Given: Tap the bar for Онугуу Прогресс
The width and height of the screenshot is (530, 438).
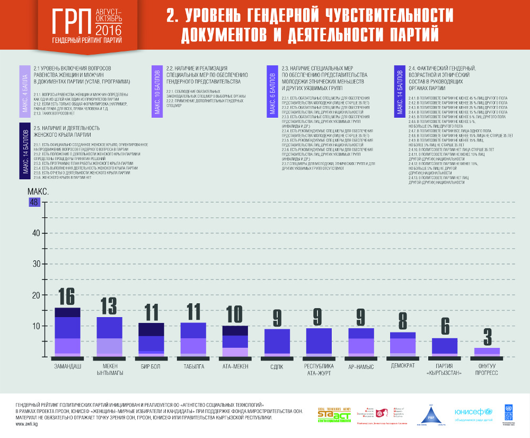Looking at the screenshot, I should (487, 352).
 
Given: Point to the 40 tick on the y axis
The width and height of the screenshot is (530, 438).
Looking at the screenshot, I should (36, 233).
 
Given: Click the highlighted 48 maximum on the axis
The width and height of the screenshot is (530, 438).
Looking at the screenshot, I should (35, 202).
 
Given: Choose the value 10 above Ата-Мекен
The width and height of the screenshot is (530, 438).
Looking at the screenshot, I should (235, 315).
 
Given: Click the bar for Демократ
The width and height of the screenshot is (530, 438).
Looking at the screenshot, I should (403, 344).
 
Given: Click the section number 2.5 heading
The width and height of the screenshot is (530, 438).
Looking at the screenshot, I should (66, 131).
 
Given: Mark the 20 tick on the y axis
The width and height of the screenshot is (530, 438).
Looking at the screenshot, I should (36, 295).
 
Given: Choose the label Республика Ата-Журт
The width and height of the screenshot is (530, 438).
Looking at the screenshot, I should (319, 370).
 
